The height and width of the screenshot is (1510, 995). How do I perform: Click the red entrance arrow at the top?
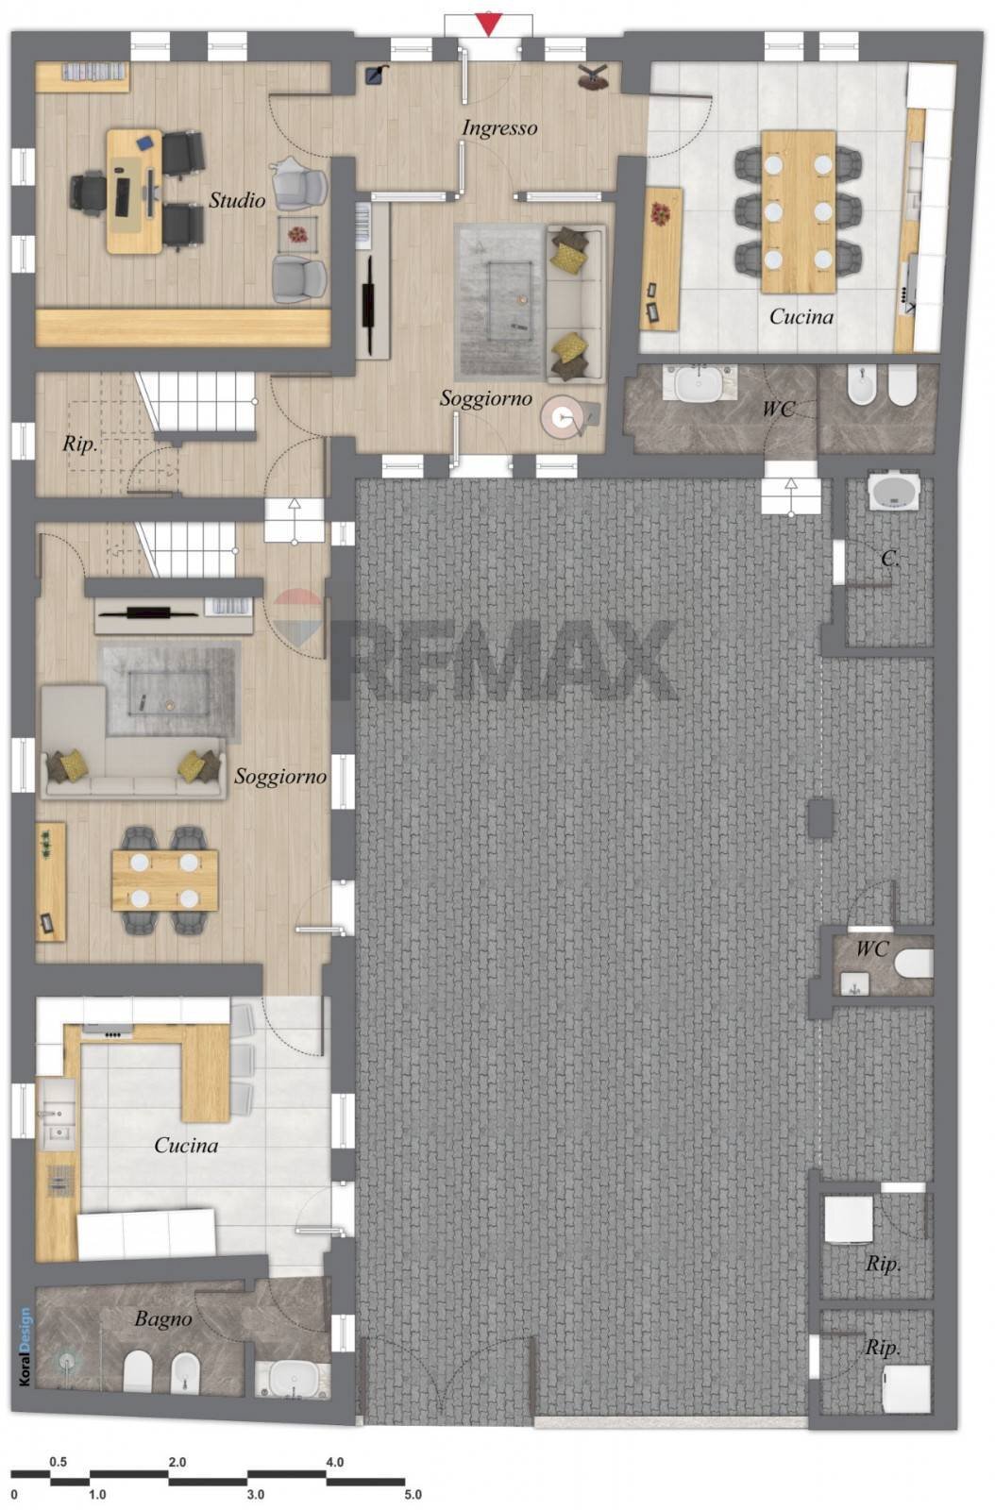488,24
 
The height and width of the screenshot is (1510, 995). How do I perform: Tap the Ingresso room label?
499,128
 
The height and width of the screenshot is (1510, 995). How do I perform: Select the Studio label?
237,199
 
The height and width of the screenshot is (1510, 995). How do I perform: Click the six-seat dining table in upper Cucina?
798,211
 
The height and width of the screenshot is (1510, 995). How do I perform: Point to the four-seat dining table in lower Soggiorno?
165,880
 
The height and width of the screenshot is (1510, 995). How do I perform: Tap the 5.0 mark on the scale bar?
413,1495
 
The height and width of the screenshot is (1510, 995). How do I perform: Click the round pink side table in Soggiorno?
561,418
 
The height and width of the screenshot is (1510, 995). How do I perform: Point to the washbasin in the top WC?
698,385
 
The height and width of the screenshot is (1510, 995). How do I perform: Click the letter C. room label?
890,558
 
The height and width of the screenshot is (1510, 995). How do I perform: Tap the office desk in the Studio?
135,192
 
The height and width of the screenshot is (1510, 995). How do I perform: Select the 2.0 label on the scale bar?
177,1462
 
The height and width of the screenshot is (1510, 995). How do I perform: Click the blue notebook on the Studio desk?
143,143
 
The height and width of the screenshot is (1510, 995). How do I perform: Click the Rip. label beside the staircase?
80,444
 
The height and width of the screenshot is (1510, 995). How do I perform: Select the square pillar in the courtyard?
820,817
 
